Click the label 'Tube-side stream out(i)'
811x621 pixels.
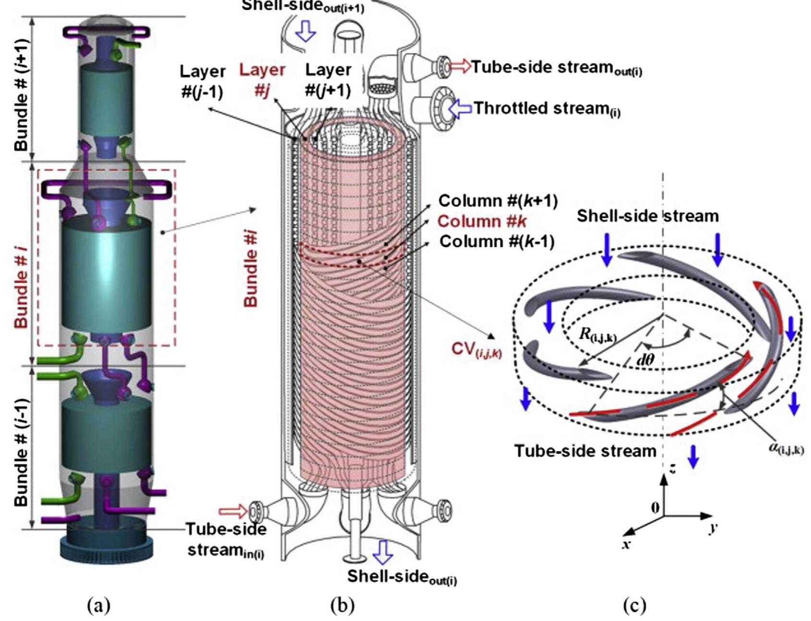click(556, 68)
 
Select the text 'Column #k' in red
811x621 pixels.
click(482, 221)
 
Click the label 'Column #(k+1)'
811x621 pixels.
click(498, 201)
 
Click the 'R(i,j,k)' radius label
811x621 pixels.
click(597, 335)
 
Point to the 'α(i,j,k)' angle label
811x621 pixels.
click(786, 449)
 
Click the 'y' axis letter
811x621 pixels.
click(714, 527)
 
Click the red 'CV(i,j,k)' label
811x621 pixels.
click(476, 349)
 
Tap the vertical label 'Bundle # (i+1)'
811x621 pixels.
click(21, 95)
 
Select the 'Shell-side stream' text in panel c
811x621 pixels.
click(647, 216)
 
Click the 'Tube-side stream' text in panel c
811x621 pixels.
click(585, 451)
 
